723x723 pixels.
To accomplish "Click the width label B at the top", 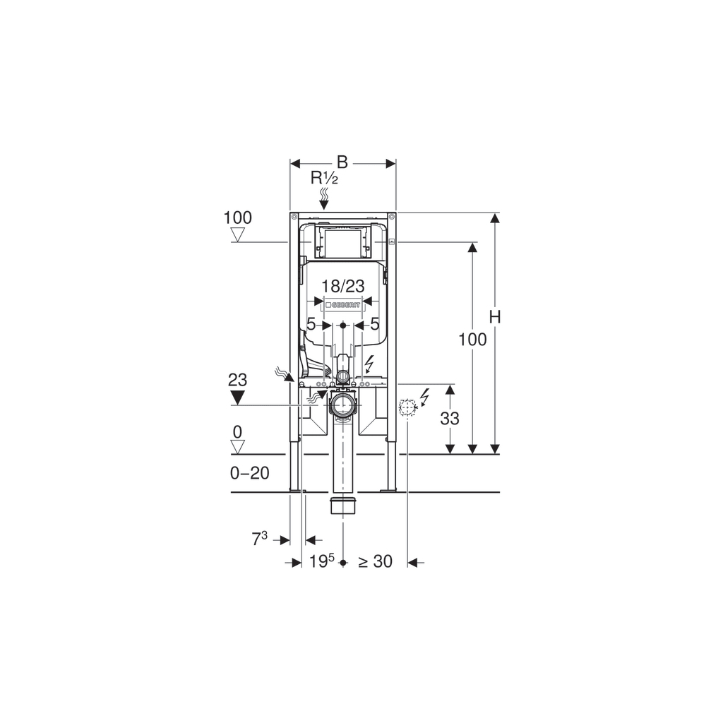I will pyautogui.click(x=342, y=162).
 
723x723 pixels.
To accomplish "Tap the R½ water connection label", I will pyautogui.click(x=324, y=178).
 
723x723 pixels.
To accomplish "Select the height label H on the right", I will pyautogui.click(x=495, y=318).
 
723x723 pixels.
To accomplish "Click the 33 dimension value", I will pyautogui.click(x=449, y=418).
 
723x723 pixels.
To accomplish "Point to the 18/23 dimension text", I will pyautogui.click(x=342, y=286).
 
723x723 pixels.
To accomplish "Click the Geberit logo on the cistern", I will pyautogui.click(x=342, y=304).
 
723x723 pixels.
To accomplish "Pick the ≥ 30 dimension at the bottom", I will pyautogui.click(x=375, y=561).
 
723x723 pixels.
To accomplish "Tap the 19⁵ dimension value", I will pyautogui.click(x=321, y=561).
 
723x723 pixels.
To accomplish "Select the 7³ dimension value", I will pyautogui.click(x=259, y=539).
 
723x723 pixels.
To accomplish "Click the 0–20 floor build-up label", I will pyautogui.click(x=250, y=473).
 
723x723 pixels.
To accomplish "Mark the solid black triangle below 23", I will pyautogui.click(x=237, y=397).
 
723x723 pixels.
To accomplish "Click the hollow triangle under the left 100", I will pyautogui.click(x=237, y=235).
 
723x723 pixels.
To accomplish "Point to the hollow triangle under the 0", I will pyautogui.click(x=237, y=446).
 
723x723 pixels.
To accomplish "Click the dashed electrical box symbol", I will pyautogui.click(x=407, y=407).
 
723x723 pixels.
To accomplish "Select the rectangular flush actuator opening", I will pyautogui.click(x=342, y=241).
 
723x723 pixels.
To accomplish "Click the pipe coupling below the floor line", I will pyautogui.click(x=343, y=506).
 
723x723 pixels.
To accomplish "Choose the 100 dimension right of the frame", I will pyautogui.click(x=472, y=340).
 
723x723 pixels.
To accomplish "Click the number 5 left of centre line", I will pyautogui.click(x=311, y=325).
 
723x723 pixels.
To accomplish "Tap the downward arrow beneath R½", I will pyautogui.click(x=324, y=203).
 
